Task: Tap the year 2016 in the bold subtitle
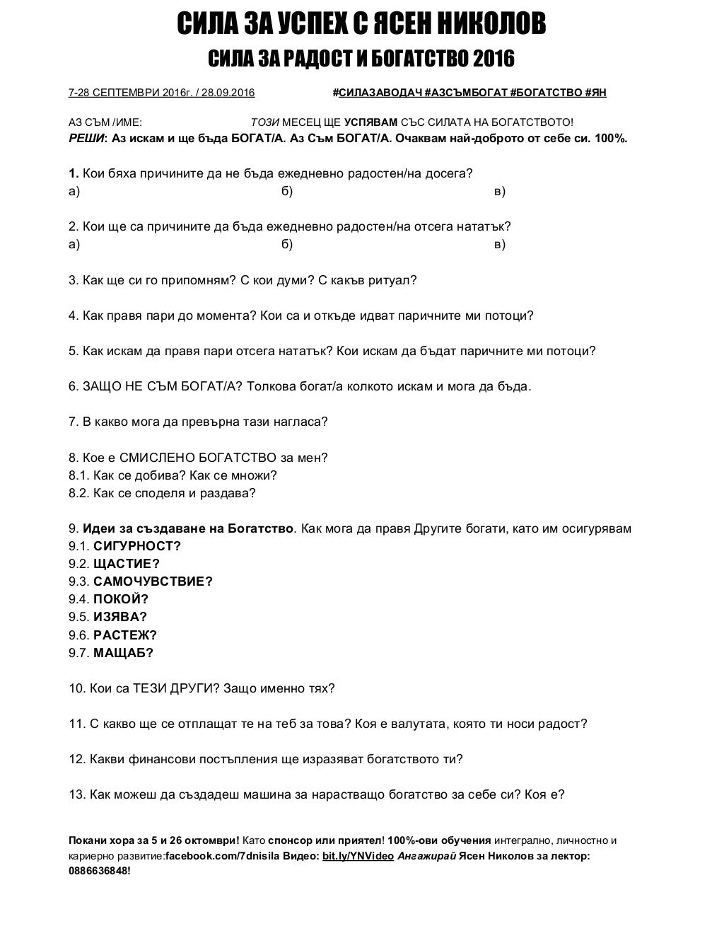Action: pyautogui.click(x=494, y=59)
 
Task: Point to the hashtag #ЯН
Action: pyautogui.click(x=595, y=93)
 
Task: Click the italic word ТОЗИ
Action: pyautogui.click(x=265, y=122)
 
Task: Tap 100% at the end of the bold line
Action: pyautogui.click(x=611, y=138)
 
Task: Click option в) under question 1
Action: pyautogui.click(x=499, y=191)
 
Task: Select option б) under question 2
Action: pyautogui.click(x=287, y=244)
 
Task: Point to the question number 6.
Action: pyautogui.click(x=73, y=386)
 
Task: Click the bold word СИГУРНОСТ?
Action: pyautogui.click(x=137, y=546)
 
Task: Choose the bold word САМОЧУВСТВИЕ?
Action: pyautogui.click(x=153, y=581)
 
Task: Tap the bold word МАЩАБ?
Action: pyautogui.click(x=123, y=653)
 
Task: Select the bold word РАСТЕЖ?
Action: pyautogui.click(x=125, y=635)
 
